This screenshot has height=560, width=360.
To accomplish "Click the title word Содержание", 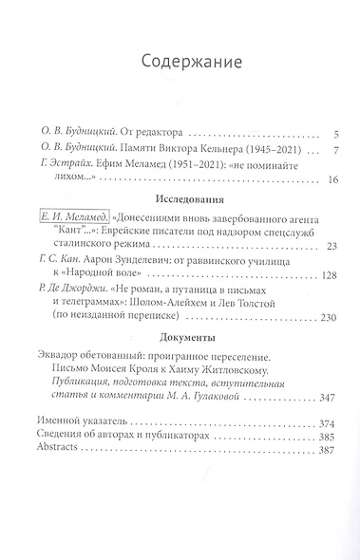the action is (x=180, y=63).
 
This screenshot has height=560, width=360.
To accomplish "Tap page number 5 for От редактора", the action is (x=323, y=134).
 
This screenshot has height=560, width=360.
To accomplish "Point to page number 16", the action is (x=319, y=179).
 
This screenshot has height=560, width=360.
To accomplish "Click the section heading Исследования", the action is (x=180, y=201).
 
